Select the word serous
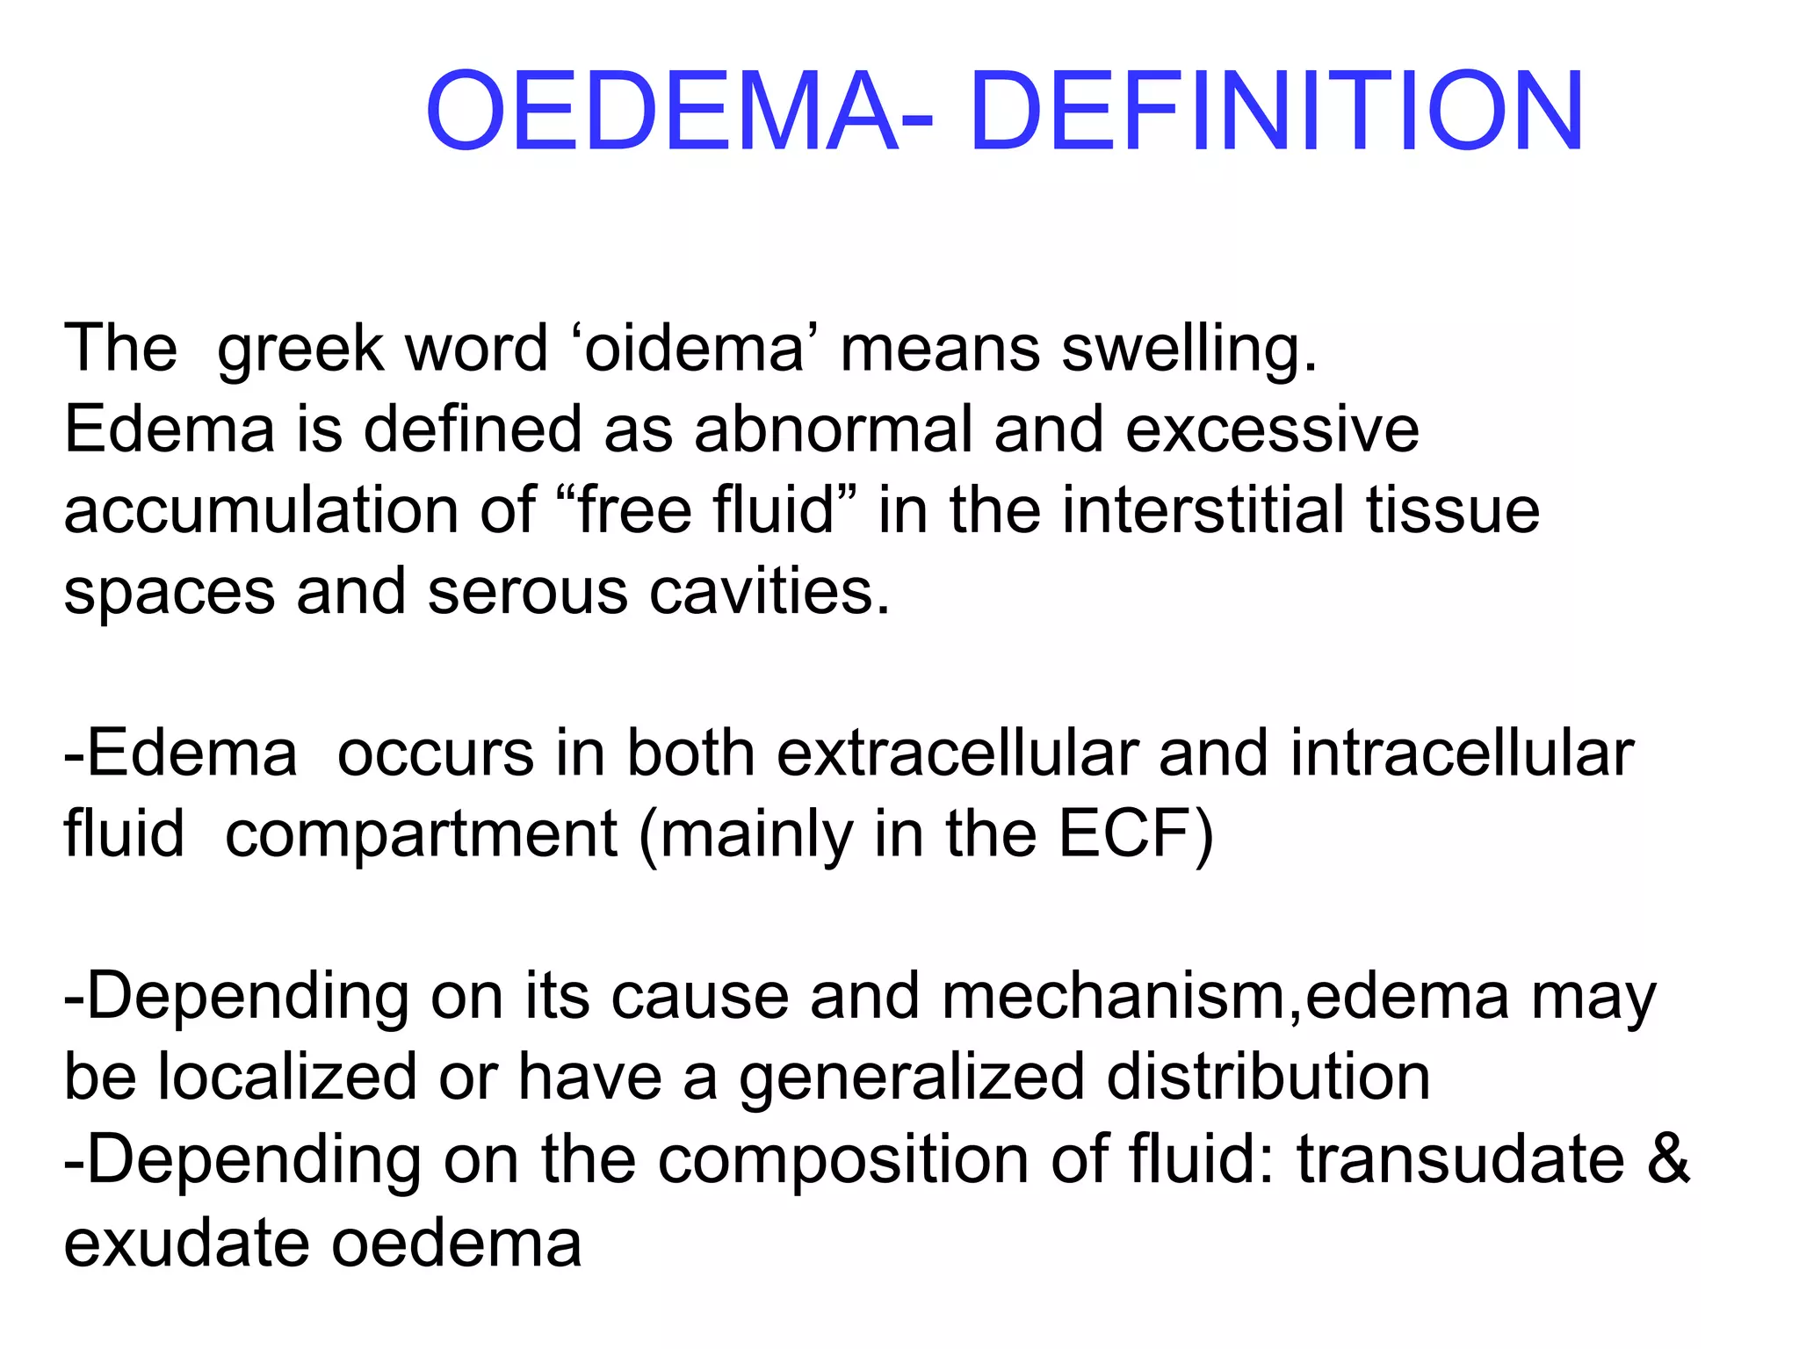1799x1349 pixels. pyautogui.click(x=528, y=592)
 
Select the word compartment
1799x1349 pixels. pyautogui.click(x=422, y=836)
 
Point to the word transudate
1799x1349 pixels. pyautogui.click(x=1461, y=1159)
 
